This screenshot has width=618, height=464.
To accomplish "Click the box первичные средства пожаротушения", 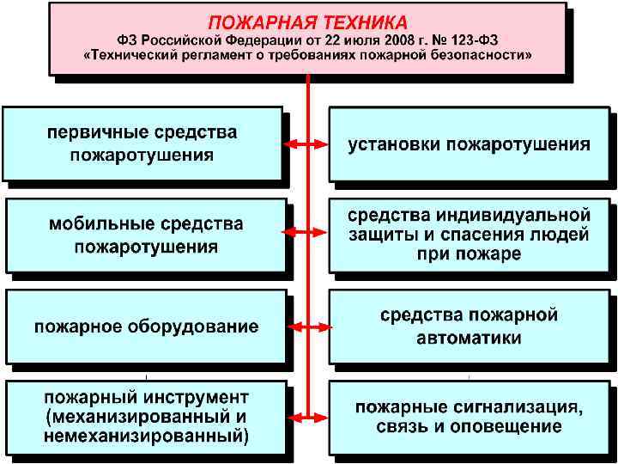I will tap(142, 144).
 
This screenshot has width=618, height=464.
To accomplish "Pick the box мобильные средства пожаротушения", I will tap(146, 235).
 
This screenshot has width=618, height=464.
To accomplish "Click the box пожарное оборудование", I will tap(146, 327).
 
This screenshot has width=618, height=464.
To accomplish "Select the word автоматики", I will tap(469, 339).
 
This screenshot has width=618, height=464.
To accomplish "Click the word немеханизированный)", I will tap(147, 437).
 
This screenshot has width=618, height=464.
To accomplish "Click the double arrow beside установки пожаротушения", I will tap(306, 144).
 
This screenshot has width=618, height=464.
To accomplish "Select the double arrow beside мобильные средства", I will tap(306, 233).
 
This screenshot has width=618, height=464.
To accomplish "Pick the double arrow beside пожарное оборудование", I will tap(306, 327).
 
